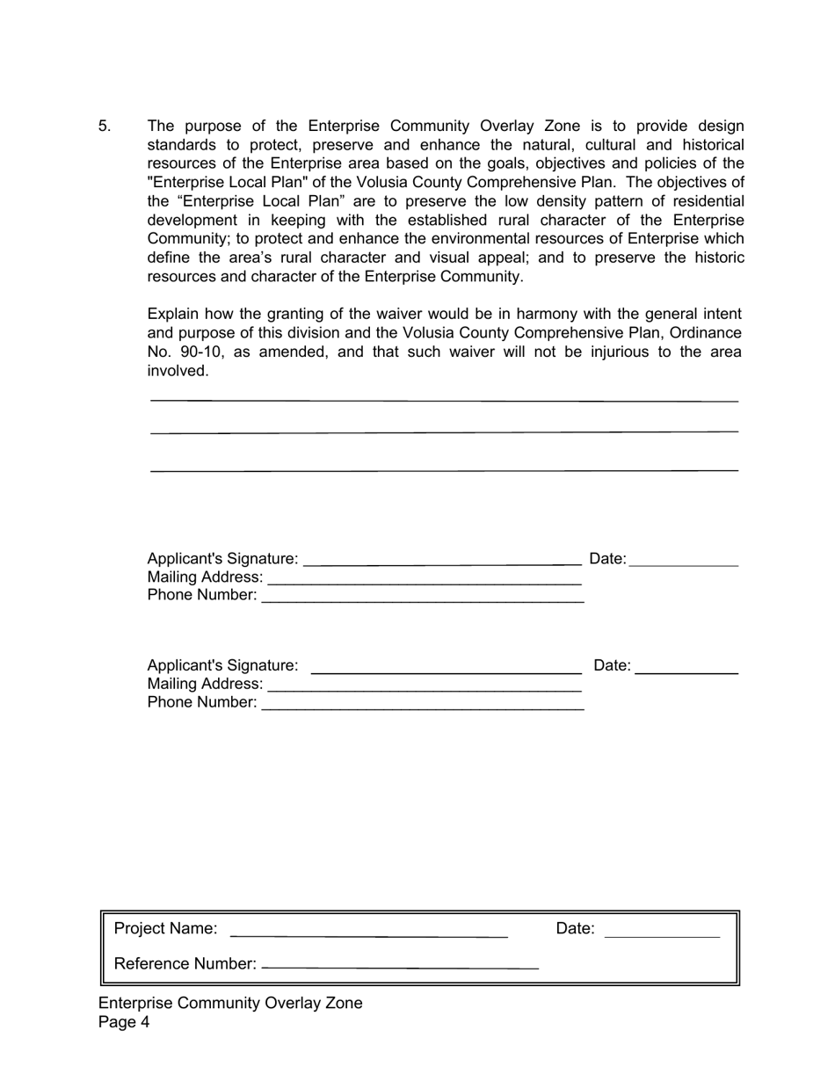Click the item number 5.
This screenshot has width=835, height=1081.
tap(105, 127)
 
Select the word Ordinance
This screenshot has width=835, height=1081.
tap(705, 333)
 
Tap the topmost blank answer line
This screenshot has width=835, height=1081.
tap(444, 401)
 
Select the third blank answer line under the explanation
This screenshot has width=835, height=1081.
tap(444, 471)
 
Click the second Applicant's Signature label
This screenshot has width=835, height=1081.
tap(222, 666)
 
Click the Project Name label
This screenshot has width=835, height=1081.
tap(165, 929)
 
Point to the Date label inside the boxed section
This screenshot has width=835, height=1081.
tap(575, 929)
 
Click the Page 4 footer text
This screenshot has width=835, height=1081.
tap(124, 1022)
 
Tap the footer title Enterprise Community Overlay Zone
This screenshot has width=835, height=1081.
tap(230, 1004)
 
